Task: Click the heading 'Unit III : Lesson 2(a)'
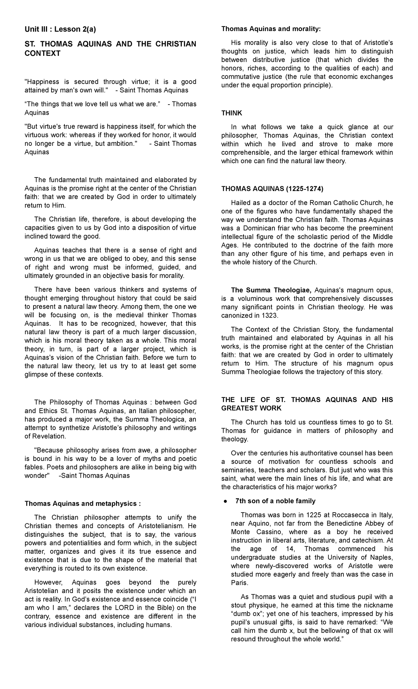[x=60, y=30]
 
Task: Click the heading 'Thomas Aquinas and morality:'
[x=271, y=29]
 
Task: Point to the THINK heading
[x=232, y=113]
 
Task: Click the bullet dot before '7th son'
[x=225, y=501]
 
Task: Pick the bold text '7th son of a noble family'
[x=275, y=501]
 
